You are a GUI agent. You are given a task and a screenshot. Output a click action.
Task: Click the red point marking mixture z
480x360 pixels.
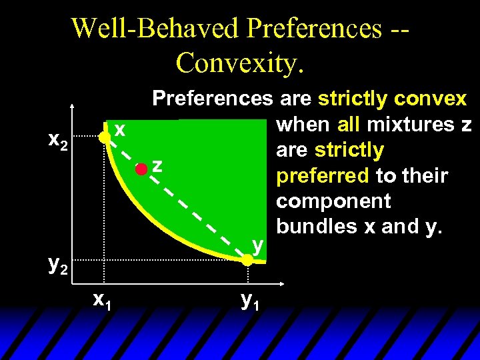click(141, 169)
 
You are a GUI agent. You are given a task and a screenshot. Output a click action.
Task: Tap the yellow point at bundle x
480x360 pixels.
click(104, 138)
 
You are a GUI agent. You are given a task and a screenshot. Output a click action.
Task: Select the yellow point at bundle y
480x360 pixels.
click(247, 261)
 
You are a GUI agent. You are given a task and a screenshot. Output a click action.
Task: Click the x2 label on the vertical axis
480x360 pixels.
click(58, 141)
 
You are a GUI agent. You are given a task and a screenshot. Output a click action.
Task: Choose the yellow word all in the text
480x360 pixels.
click(349, 125)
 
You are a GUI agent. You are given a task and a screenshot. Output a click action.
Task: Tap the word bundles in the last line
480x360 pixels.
click(316, 227)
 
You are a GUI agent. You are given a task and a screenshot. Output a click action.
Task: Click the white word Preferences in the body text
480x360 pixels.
click(212, 99)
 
